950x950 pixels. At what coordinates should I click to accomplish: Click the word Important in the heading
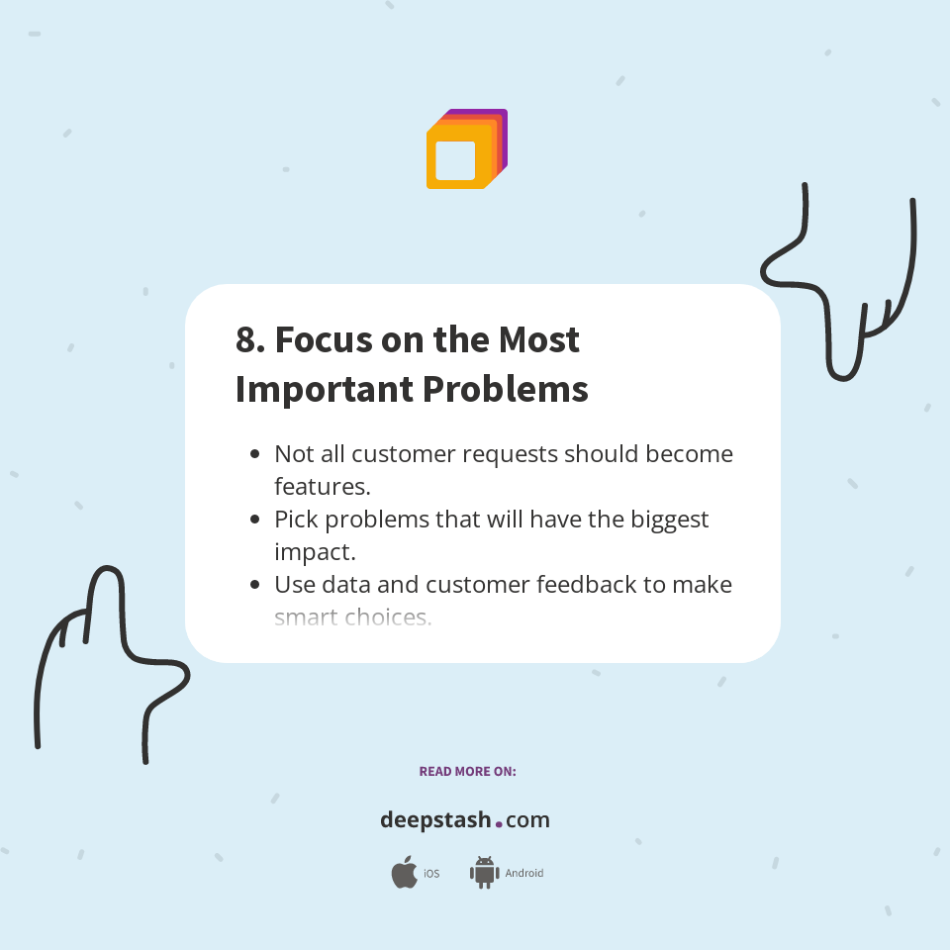tap(318, 389)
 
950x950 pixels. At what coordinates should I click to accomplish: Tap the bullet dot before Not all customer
tap(255, 454)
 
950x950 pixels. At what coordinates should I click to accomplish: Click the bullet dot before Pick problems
tap(255, 520)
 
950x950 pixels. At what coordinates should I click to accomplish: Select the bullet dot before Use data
tap(255, 585)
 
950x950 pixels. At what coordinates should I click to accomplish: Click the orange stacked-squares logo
tap(466, 149)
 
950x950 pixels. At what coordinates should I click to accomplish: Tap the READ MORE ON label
tap(467, 771)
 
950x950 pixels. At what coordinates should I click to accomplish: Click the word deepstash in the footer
tap(435, 819)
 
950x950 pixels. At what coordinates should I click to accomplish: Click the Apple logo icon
tap(404, 873)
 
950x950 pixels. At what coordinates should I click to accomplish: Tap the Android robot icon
tap(484, 873)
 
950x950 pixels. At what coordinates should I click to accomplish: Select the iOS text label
tap(431, 874)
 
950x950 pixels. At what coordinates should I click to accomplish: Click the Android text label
tap(523, 874)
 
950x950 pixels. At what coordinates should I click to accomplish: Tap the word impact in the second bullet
tap(314, 553)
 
